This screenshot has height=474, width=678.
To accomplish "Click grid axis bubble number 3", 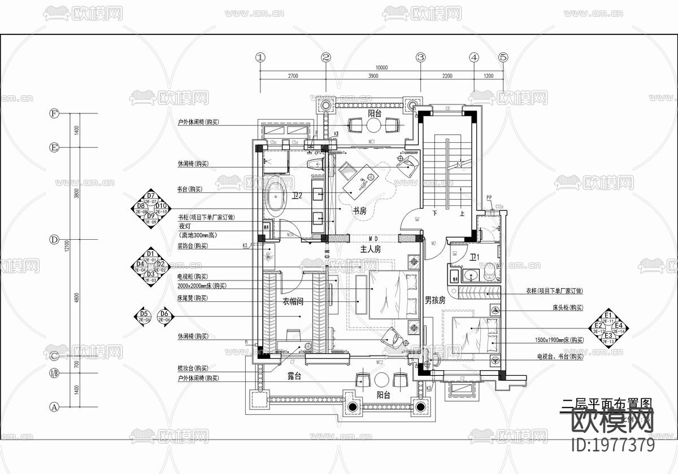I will click(420, 57).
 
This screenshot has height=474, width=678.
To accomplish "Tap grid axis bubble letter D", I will click(54, 239).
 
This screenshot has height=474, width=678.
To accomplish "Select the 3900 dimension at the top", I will click(372, 76).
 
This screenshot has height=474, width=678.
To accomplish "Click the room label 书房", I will click(360, 211).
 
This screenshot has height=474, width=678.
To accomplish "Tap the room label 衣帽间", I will click(293, 302).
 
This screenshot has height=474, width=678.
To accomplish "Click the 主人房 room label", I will click(371, 249).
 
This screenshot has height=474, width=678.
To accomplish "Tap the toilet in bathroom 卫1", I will click(490, 273).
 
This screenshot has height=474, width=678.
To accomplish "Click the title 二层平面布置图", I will click(606, 405).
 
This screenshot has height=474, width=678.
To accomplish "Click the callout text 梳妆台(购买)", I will click(193, 368).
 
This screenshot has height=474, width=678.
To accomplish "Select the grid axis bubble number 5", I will click(503, 57).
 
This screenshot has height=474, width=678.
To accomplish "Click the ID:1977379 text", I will click(614, 445).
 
